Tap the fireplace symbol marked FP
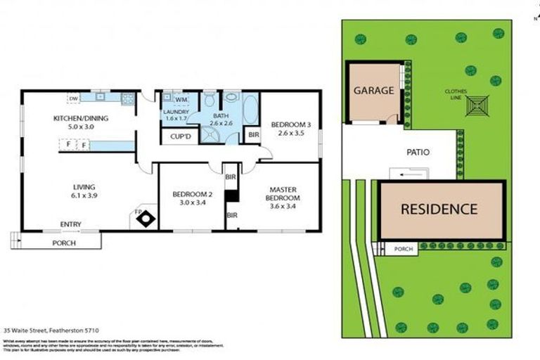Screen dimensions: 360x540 pos(146,218)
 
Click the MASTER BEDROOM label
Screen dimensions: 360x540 pos(281,194)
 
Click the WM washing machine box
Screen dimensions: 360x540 pos(170,101)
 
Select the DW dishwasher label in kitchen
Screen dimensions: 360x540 pos(73,98)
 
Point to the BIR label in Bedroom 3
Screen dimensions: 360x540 pos(252,134)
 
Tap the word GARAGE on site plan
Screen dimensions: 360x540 pos(373,91)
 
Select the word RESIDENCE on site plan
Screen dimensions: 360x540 pos(439,209)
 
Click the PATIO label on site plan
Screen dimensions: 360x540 pos(418,152)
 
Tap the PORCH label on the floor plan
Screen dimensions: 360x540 pos(64,243)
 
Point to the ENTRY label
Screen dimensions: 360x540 pos(70,225)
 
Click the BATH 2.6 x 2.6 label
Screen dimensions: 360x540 pos(221,120)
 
